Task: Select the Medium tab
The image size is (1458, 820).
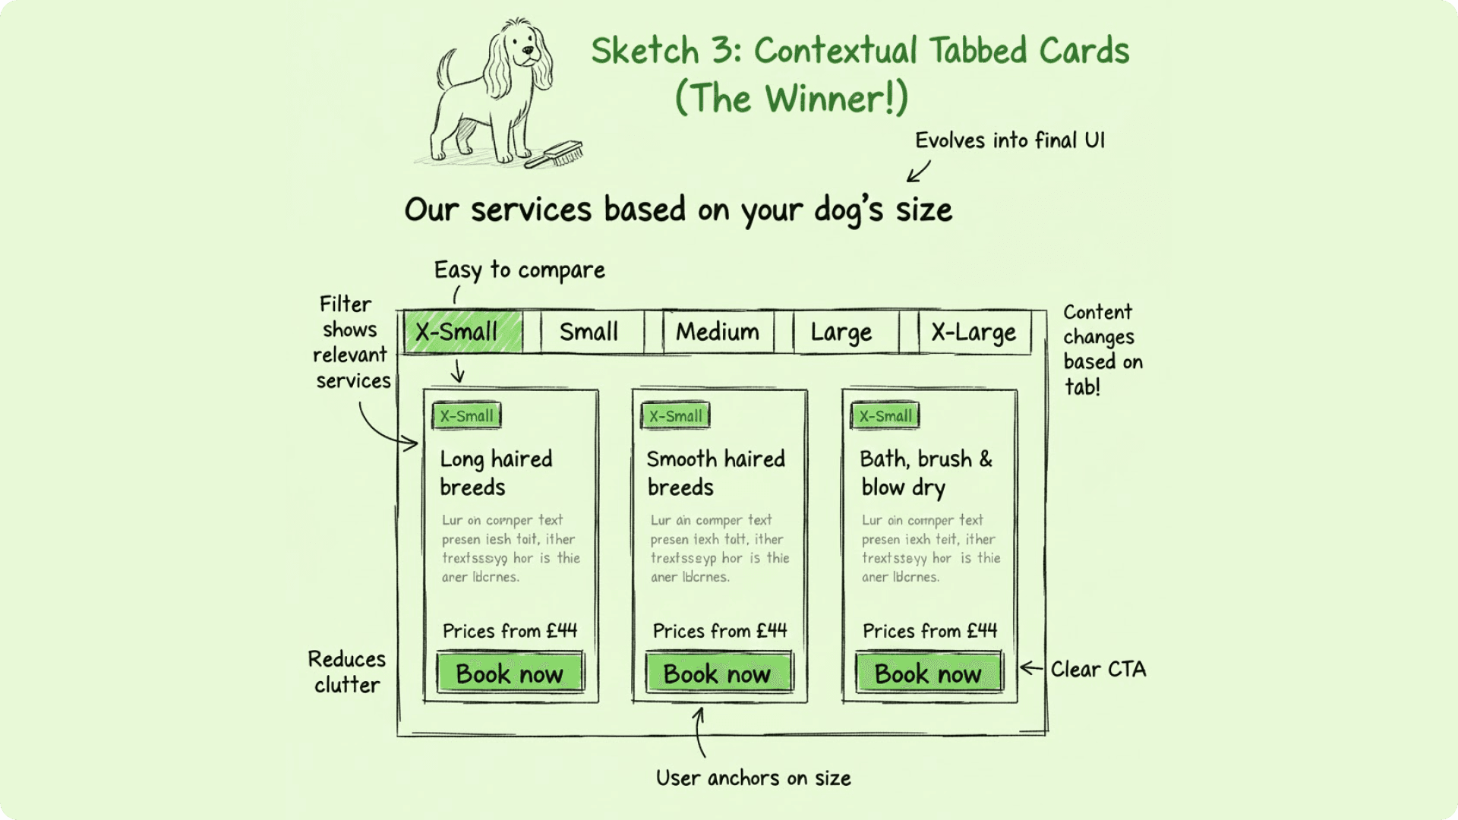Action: tap(718, 333)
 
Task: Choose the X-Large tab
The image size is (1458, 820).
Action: tap(974, 333)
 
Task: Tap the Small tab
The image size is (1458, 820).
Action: tap(589, 333)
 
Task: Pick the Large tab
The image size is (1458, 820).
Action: tap(841, 333)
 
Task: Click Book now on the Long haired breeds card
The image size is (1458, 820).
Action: tap(510, 673)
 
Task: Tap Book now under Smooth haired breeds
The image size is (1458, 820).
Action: tap(718, 673)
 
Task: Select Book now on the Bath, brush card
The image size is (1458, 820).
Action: tap(928, 673)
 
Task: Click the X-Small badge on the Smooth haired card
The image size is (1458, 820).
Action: tap(676, 416)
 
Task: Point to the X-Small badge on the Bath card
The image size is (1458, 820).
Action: tap(885, 416)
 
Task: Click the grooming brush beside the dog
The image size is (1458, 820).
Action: tap(557, 154)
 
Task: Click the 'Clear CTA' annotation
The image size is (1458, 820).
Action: tap(1098, 670)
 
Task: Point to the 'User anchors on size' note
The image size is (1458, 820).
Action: tap(753, 778)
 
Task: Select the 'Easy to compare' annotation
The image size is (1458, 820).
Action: tap(519, 270)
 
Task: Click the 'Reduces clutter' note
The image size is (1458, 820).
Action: tap(347, 672)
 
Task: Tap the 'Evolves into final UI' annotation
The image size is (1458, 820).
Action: tap(1009, 141)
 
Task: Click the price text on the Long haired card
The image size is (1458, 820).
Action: tap(510, 631)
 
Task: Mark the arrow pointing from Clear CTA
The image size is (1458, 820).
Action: tap(1031, 668)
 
